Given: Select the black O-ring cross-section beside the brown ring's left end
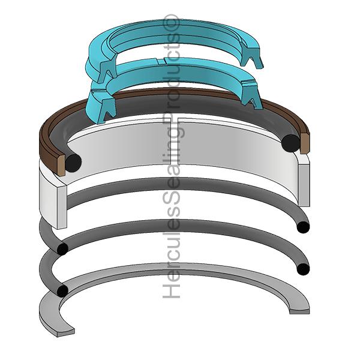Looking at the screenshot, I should click(73, 161).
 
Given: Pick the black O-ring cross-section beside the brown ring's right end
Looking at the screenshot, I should click(291, 142).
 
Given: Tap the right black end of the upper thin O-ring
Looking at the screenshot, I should click(304, 227).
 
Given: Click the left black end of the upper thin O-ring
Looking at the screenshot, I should click(62, 248).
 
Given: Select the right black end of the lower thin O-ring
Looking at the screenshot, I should click(304, 268).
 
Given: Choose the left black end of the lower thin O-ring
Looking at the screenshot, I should click(61, 290).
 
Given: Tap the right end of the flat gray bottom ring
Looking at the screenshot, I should click(301, 310).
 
